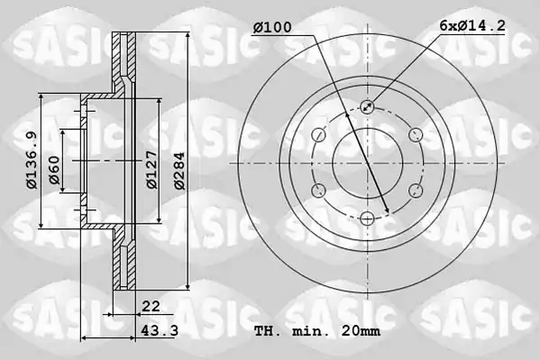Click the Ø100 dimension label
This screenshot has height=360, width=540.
[272, 27]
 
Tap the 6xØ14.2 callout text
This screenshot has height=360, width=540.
[472, 25]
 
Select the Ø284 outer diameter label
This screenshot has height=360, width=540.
[179, 171]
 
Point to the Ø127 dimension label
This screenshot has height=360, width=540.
[151, 170]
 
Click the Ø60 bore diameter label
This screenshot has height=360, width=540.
[55, 170]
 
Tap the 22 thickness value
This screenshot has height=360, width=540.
[151, 306]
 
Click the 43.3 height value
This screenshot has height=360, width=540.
[160, 331]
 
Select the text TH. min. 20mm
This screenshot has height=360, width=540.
[317, 331]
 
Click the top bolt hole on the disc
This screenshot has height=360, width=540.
[368, 106]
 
